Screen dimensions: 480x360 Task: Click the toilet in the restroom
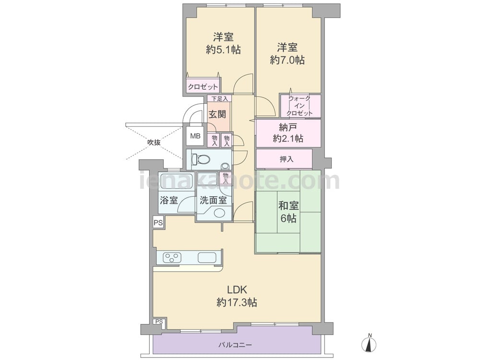tap(201, 159)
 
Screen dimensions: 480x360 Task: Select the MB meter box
tap(195, 136)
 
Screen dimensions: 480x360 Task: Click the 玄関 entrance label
tap(217, 115)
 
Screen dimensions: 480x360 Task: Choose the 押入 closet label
tap(287, 159)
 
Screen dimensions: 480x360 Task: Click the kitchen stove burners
tap(171, 257)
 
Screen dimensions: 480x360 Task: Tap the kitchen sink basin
tap(207, 258)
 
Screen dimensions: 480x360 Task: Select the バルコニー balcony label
tap(235, 345)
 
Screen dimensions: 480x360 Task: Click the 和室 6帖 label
tap(288, 212)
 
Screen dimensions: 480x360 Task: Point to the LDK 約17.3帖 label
tap(237, 296)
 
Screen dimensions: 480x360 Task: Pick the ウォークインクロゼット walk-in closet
tap(300, 106)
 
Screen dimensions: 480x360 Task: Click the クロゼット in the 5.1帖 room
tap(203, 86)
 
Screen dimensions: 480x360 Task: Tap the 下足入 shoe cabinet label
tap(219, 98)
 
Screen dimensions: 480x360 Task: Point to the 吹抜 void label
tap(154, 143)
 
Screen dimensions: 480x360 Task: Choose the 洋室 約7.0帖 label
tap(287, 54)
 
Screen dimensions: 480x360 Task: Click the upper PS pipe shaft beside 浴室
tap(158, 223)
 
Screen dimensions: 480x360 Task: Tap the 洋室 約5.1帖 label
tap(223, 43)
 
